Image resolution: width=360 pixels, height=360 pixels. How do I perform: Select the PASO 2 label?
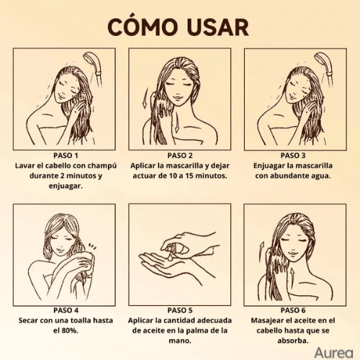(x=180, y=155)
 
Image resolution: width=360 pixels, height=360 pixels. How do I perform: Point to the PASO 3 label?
(x=295, y=155)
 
